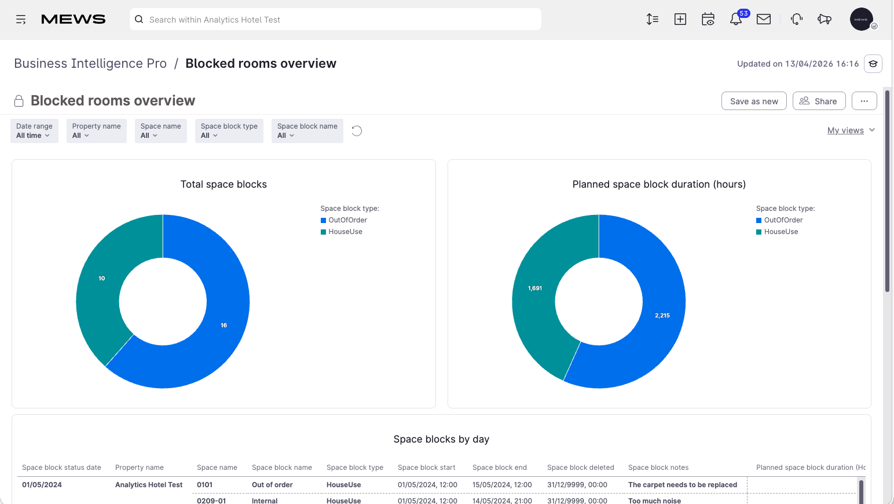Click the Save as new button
point(754,101)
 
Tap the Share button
point(819,101)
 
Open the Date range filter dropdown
point(34,130)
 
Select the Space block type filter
point(229,130)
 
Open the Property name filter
point(96,130)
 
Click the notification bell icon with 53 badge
point(736,19)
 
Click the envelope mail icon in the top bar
point(764,19)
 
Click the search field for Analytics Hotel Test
point(335,20)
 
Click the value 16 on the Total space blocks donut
point(224,326)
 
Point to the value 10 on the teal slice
point(102,278)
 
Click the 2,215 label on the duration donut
point(662,316)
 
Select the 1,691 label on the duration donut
point(535,288)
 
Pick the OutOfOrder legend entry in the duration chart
point(779,220)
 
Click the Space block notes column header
point(658,468)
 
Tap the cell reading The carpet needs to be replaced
point(683,484)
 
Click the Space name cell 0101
point(204,484)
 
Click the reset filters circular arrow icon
point(357,130)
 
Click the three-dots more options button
point(864,101)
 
